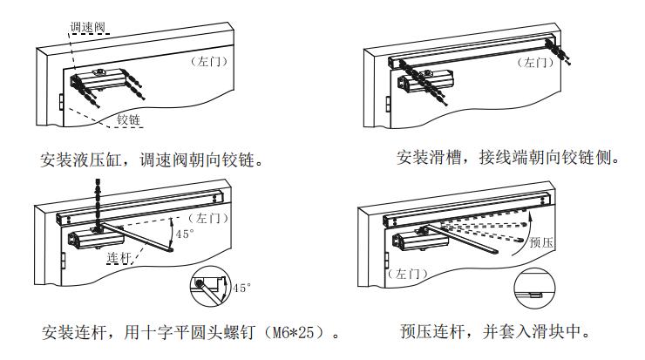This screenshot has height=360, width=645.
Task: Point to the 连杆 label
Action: tap(119, 257)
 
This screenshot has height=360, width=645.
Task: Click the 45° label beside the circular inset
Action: tap(241, 287)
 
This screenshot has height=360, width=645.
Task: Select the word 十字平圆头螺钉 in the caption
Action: tap(202, 332)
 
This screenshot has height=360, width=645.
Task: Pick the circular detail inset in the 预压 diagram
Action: tap(533, 288)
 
